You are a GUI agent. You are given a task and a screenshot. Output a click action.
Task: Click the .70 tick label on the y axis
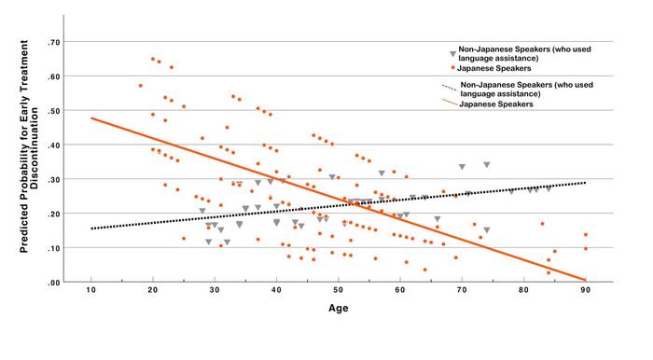coord(55,43)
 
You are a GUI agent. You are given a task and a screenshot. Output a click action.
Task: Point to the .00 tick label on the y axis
coord(55,282)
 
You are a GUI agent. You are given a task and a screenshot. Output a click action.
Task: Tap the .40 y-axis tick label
coord(55,145)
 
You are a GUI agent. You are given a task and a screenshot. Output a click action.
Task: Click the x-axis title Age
coord(339,312)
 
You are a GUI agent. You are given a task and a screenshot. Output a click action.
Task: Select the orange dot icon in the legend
coord(452,68)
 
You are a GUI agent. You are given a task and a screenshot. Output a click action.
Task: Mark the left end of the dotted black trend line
coord(91,228)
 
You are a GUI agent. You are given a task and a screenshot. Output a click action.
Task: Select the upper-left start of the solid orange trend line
coord(91,118)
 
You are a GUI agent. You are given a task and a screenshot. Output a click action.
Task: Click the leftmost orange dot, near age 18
coord(141,86)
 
